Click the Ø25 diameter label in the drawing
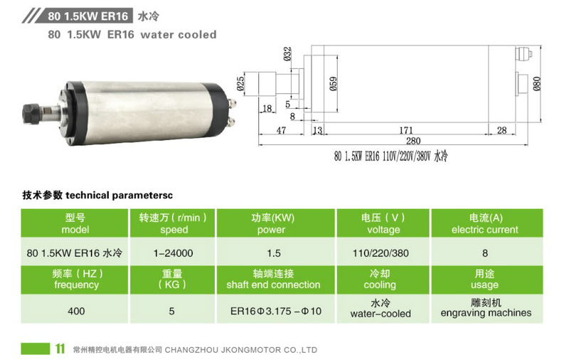click(x=240, y=84)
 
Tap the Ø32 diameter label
click(x=287, y=53)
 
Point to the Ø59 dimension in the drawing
click(x=333, y=84)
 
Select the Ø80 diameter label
click(x=537, y=83)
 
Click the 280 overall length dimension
click(x=413, y=141)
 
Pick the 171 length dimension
click(x=406, y=130)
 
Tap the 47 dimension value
click(x=281, y=130)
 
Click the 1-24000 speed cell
click(x=173, y=253)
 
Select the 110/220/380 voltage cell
click(x=381, y=253)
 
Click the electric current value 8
click(x=485, y=253)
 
